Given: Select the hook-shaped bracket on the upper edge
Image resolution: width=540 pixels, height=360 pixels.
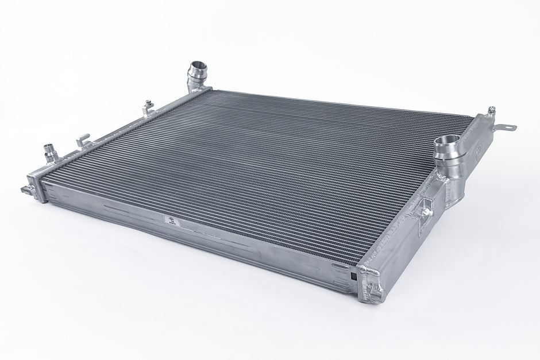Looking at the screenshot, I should point(83,140).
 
